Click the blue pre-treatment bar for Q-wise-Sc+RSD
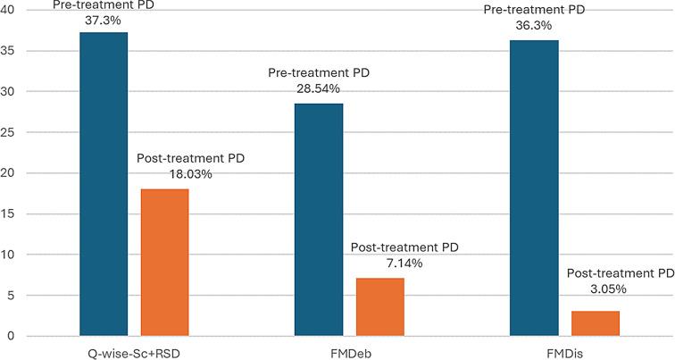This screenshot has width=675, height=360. click(x=104, y=184)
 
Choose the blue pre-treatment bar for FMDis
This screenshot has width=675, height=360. click(x=534, y=188)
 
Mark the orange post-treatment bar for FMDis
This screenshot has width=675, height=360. click(x=596, y=323)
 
